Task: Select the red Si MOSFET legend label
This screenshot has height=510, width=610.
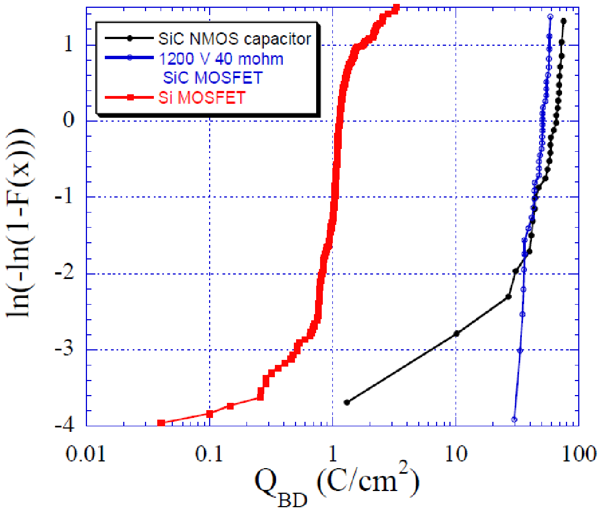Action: tap(202, 98)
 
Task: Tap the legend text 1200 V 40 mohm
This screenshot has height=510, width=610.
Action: tap(221, 59)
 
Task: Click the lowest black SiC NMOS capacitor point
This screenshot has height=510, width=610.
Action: tap(347, 402)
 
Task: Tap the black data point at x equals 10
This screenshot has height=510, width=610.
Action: tap(457, 334)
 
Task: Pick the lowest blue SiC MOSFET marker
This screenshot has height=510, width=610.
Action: tap(514, 419)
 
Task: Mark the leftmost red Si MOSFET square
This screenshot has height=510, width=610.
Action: tap(161, 423)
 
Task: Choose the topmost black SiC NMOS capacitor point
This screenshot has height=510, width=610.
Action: tap(564, 21)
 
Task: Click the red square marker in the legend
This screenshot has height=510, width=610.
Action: tap(129, 98)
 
